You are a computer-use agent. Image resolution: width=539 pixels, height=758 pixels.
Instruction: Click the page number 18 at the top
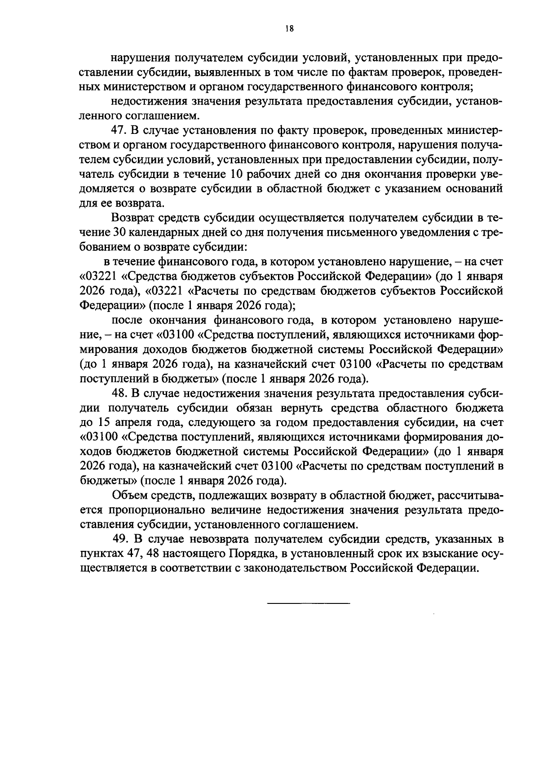click(289, 29)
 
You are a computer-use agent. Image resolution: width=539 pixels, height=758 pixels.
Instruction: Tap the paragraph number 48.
click(119, 393)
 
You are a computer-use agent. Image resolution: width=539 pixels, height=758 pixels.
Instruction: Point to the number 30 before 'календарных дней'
click(118, 233)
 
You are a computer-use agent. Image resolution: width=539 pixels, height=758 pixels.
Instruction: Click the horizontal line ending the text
click(308, 603)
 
